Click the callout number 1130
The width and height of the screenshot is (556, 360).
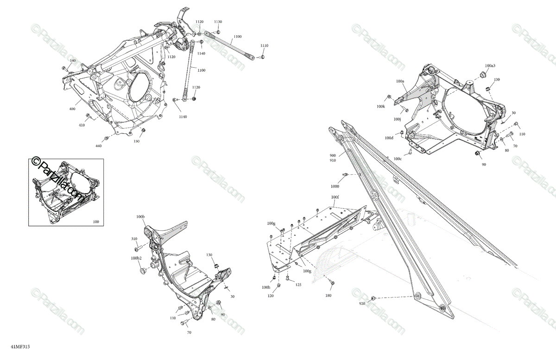coord(218,22)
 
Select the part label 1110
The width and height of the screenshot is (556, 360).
coord(264,45)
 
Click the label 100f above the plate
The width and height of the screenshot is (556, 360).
coord(335,197)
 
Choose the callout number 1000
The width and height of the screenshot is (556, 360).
coord(335,186)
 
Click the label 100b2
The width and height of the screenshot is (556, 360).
coord(136,258)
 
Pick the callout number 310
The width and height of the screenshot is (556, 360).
coord(134,239)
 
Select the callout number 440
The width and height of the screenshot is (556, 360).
coord(98,146)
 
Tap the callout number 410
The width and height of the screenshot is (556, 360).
coord(82,125)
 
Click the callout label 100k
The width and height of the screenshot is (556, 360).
coord(380,107)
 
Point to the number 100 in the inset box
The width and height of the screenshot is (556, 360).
coord(96,222)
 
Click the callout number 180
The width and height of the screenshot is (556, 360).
coord(328,295)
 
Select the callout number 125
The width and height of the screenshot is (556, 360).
coord(298,284)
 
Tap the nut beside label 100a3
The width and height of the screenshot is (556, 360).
coord(481,75)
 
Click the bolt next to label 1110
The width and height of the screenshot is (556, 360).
coord(262,57)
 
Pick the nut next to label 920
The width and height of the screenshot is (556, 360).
coord(374,297)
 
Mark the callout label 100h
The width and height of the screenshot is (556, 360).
coord(266,287)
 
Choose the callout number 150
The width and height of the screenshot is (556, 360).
coord(137,141)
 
